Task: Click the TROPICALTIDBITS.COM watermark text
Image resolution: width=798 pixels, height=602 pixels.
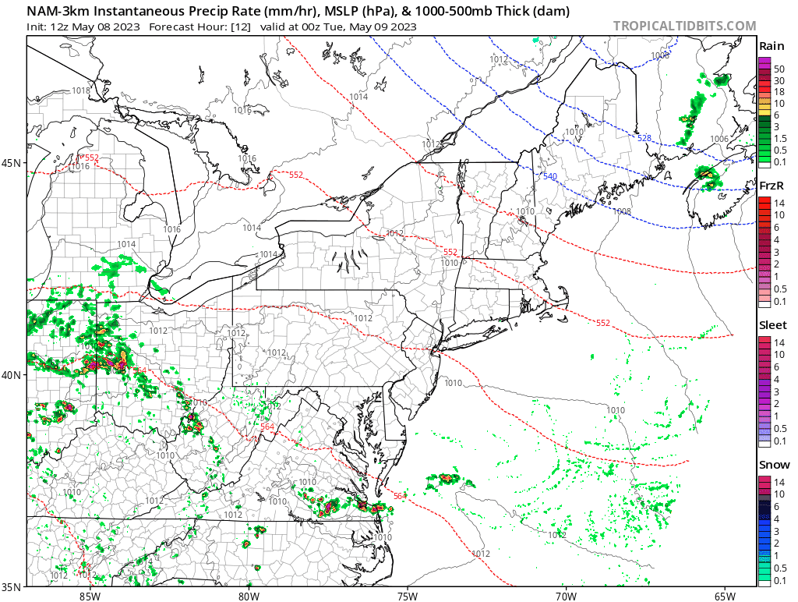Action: click(x=684, y=26)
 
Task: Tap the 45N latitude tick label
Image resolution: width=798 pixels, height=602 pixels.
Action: click(x=12, y=163)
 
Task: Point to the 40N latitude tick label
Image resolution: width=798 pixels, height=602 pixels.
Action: click(x=12, y=374)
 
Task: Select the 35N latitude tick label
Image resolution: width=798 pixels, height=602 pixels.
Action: click(x=12, y=586)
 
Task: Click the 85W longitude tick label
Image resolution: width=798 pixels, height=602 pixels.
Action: click(x=90, y=596)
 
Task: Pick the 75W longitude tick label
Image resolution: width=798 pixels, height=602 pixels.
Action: click(x=407, y=596)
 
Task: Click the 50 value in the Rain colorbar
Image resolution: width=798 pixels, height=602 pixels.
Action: click(x=779, y=69)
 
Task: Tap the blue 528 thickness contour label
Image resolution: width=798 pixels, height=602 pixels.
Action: click(x=644, y=138)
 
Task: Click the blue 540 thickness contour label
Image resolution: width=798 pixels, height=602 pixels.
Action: click(x=550, y=177)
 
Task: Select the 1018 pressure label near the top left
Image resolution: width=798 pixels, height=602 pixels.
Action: click(x=80, y=91)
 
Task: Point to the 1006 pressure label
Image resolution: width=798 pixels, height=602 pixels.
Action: click(x=719, y=139)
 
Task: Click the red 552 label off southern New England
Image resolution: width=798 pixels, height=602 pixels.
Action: click(x=603, y=323)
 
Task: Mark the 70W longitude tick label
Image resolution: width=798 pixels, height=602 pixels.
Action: click(x=566, y=596)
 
